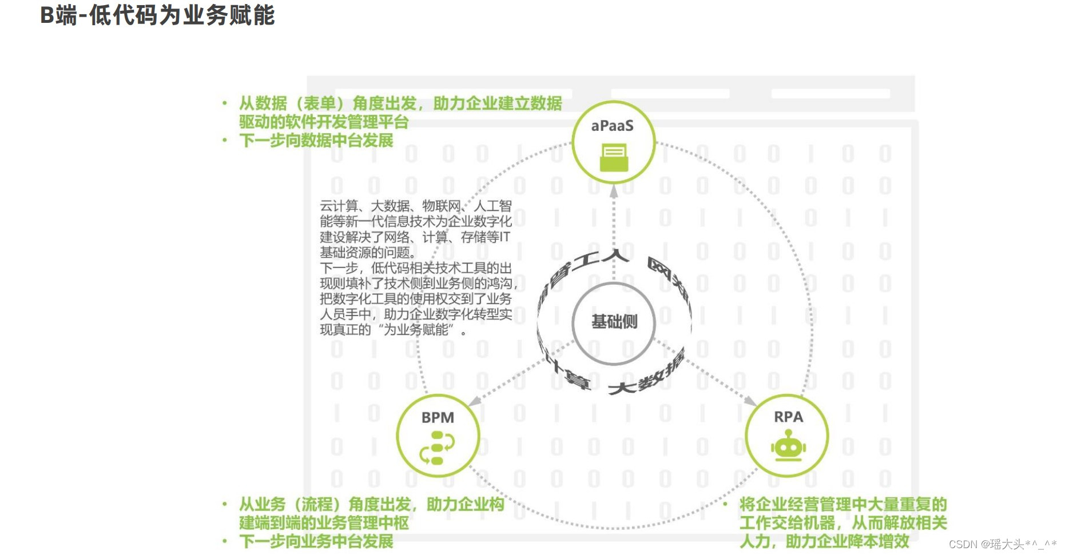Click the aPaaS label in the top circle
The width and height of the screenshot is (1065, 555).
coord(612,126)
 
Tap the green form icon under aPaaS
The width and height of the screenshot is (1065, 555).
coord(614,158)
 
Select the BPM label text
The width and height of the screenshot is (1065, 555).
coord(438,418)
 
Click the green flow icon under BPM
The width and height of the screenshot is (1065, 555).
coord(437,448)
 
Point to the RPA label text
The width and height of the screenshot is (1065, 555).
coord(788,417)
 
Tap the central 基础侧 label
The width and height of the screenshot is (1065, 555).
coord(614,322)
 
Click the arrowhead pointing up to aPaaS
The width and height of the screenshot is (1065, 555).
coord(614,191)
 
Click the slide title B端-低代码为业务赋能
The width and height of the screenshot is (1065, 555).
coord(157,15)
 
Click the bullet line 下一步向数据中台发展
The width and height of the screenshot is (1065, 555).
coord(316,141)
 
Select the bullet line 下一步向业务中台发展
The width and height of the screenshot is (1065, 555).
coord(316,541)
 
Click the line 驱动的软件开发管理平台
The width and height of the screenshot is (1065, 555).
coord(324,122)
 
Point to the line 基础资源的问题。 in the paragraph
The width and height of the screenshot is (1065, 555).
coord(368,252)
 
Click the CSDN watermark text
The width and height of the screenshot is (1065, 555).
coord(1002,544)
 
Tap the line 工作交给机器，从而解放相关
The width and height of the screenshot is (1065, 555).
coord(843,522)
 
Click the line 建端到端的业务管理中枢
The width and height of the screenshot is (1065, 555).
coord(324,522)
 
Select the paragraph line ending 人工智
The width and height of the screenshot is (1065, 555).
coord(416,206)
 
